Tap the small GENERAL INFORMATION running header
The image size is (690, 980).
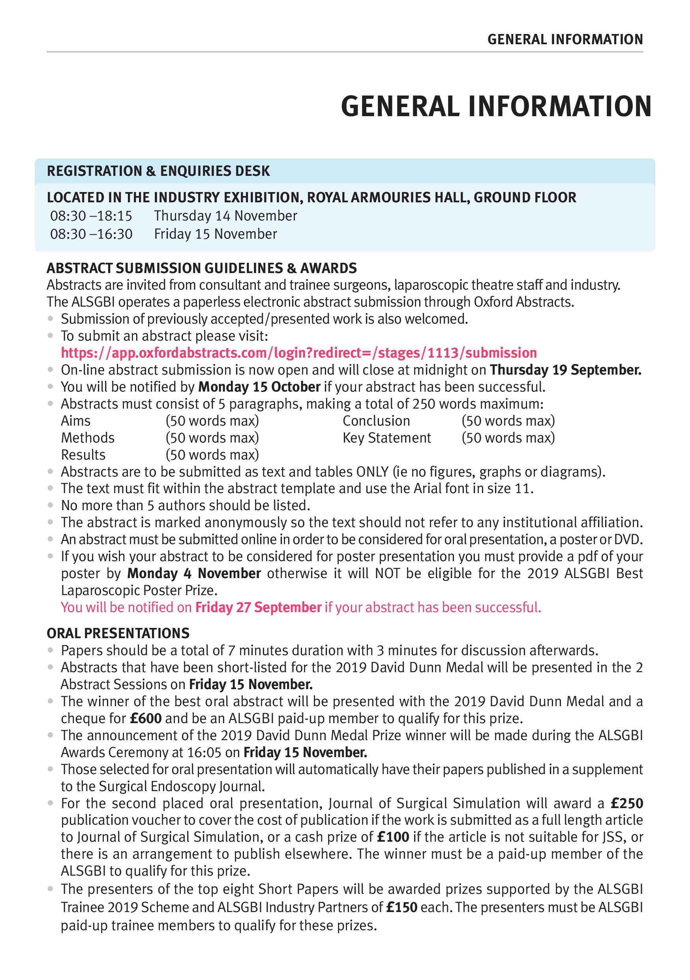565,40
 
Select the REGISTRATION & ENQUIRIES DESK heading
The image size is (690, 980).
158,171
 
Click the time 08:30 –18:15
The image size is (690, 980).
91,216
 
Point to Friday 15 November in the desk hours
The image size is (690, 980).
216,234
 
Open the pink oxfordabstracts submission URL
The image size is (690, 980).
298,353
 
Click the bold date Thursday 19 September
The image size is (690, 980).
566,370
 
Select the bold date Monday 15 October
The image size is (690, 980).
259,387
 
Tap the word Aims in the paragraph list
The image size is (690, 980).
75,421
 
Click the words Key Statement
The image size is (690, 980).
387,438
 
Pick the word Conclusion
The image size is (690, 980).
376,421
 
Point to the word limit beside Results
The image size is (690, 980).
212,455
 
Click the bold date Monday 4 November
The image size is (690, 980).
194,574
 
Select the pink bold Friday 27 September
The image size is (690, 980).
258,608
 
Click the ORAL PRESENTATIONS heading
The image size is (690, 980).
118,633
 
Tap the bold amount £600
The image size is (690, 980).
145,719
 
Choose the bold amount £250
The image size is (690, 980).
626,804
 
